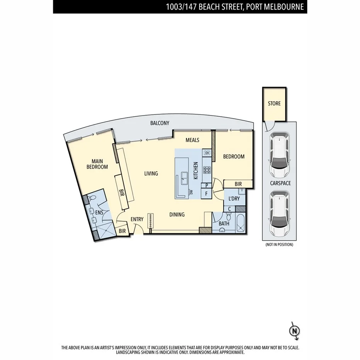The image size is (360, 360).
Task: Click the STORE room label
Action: coord(274,104)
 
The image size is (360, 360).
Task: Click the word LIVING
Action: coord(151,174)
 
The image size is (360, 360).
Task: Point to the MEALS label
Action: coord(192,140)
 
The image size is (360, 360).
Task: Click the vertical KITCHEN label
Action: coord(195,170)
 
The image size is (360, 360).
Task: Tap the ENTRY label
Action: coord(137,219)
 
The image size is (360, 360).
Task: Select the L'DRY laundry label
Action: coord(234,199)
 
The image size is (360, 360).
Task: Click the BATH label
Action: coord(224,223)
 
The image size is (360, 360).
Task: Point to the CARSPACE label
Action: coord(280,183)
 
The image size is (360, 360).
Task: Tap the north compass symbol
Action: coord(295,331)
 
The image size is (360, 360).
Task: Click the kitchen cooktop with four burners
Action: coord(207,170)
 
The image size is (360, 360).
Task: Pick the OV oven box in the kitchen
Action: coord(207,153)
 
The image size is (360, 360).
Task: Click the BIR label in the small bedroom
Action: coord(238,184)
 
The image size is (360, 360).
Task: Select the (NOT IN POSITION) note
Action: coord(279,245)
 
